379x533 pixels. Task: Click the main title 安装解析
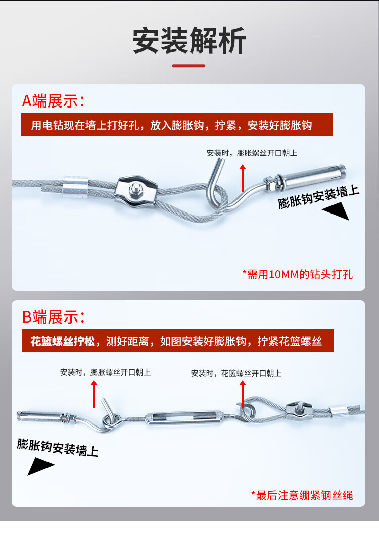pyautogui.click(x=189, y=40)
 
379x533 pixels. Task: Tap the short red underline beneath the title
pyautogui.click(x=188, y=66)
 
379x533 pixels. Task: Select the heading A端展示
pyautogui.click(x=53, y=101)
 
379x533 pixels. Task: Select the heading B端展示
pyautogui.click(x=53, y=317)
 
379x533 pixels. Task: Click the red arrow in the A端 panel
pyautogui.click(x=242, y=178)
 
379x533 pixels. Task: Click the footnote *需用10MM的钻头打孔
pyautogui.click(x=297, y=274)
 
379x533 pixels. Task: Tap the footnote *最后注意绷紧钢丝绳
pyautogui.click(x=302, y=495)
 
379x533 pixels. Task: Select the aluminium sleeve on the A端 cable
pyautogui.click(x=75, y=186)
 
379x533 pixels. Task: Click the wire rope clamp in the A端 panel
pyautogui.click(x=136, y=192)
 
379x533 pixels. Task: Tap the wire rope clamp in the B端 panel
pyautogui.click(x=299, y=410)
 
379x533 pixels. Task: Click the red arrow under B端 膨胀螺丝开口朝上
pyautogui.click(x=94, y=394)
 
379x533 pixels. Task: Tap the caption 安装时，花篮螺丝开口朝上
pyautogui.click(x=236, y=373)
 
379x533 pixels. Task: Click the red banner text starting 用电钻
pyautogui.click(x=171, y=125)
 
